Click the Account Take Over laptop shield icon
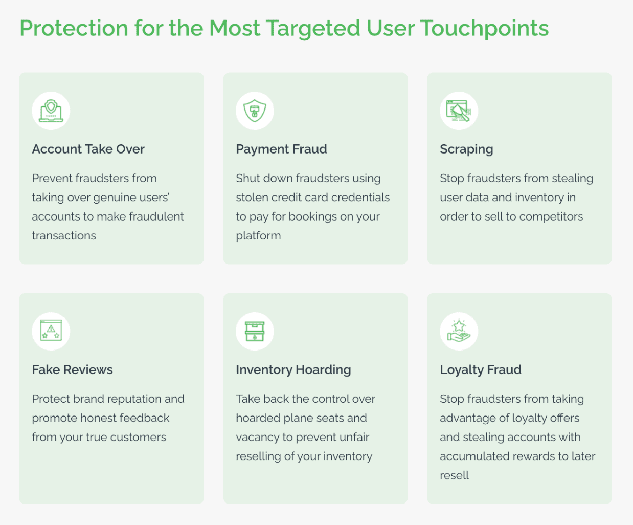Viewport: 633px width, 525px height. point(51,111)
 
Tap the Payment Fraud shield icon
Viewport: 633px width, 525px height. point(255,111)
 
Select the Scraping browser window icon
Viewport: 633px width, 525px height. point(459,111)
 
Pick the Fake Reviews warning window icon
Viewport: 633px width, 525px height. point(51,331)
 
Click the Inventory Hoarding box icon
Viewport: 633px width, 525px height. point(255,331)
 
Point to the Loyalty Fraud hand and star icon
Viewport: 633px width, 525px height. point(459,331)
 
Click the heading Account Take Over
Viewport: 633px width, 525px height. point(88,149)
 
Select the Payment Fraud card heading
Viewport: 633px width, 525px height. point(281,149)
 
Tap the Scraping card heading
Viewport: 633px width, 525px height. point(466,149)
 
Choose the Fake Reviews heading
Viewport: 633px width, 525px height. point(72,369)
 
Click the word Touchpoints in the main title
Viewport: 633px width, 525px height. point(484,28)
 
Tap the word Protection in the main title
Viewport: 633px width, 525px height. point(74,28)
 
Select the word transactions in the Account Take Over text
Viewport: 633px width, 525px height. point(64,236)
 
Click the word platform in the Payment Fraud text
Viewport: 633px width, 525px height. point(258,236)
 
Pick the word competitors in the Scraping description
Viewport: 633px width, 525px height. point(551,217)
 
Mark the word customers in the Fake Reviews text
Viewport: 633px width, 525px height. point(138,437)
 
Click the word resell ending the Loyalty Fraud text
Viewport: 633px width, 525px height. point(454,475)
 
